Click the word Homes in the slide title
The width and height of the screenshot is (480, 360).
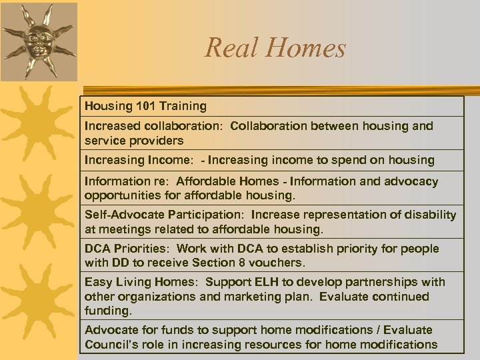coord(309,48)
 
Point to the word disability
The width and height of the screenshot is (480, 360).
coord(431,215)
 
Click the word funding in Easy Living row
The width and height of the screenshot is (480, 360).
coord(107,311)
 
